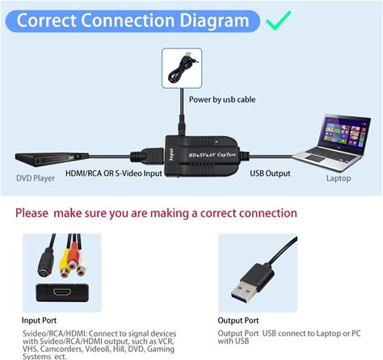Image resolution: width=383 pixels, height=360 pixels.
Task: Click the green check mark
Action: pos(278,20)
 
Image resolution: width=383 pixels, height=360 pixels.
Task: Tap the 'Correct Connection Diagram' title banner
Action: pos(133,21)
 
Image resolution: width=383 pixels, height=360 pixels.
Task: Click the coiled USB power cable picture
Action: pos(182,68)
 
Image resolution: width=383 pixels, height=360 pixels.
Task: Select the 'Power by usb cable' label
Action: pos(222,99)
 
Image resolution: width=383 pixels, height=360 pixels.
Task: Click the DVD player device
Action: pos(52,159)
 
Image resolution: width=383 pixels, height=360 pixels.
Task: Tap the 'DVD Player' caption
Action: pos(36,178)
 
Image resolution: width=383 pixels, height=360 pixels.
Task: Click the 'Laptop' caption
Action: pos(339,178)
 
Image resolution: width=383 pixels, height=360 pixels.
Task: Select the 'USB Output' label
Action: pos(270,174)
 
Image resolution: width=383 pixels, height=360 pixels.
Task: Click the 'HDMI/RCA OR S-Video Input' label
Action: pos(114,174)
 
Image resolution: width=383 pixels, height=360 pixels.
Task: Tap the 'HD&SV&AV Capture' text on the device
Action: pos(212,155)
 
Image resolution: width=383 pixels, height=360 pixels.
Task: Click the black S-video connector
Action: pos(46,262)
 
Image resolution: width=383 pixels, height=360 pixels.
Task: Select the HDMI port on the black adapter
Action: pos(62,291)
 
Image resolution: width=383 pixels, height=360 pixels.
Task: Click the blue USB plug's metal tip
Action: pos(244,293)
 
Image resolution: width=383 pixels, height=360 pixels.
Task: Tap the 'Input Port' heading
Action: pos(39,320)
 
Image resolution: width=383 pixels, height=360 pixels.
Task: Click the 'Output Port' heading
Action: pos(238,320)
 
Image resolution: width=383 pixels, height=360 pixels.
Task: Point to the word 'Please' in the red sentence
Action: pos(32,213)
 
